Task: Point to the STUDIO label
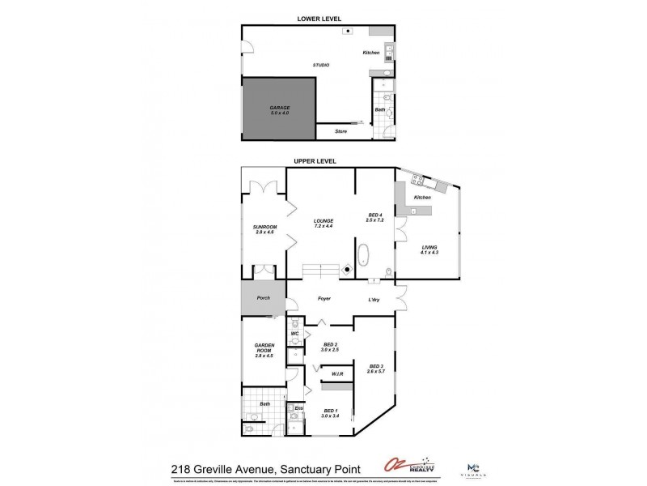click(x=321, y=65)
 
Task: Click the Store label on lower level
click(x=329, y=130)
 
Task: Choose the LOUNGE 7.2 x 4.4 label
click(x=325, y=223)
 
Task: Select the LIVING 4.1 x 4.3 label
click(x=429, y=250)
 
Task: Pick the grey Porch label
click(x=263, y=297)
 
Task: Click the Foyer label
click(x=324, y=299)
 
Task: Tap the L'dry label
click(x=374, y=300)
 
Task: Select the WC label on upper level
click(x=295, y=333)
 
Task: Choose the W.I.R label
click(x=338, y=374)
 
